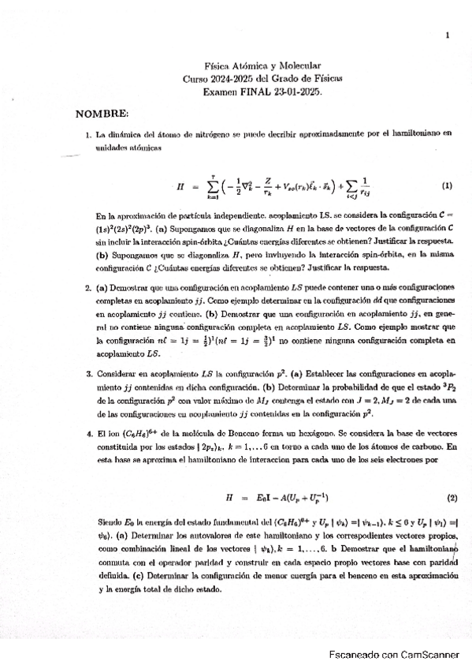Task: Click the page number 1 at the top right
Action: (x=447, y=35)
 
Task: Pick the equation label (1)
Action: (x=447, y=186)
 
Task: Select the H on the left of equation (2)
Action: (x=230, y=499)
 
